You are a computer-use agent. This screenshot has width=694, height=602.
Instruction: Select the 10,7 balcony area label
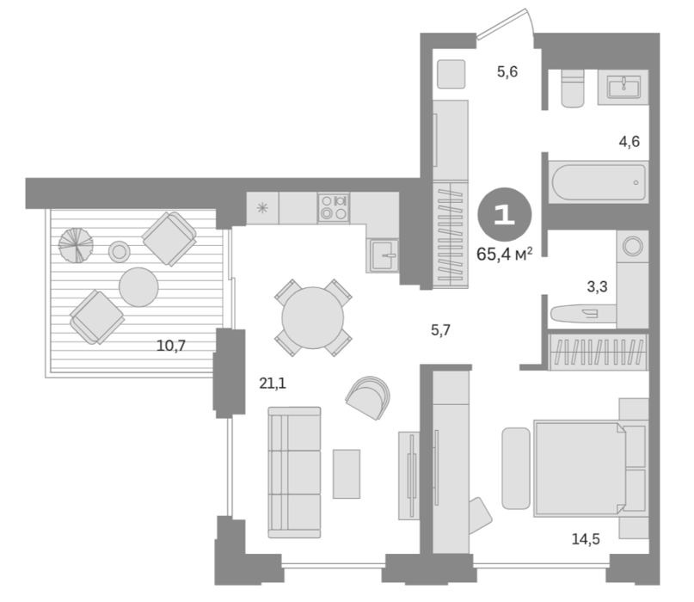tap(171, 346)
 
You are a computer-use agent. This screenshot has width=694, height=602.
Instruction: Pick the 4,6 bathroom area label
tap(630, 141)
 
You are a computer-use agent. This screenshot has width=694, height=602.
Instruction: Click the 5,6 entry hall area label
tap(507, 73)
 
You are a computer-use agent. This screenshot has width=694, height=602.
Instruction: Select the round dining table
tap(313, 317)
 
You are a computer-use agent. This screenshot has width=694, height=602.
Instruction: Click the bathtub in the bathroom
tap(599, 181)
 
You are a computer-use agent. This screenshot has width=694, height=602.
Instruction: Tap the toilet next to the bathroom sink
tap(573, 89)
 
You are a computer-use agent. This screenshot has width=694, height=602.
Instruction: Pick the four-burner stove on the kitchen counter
tap(333, 207)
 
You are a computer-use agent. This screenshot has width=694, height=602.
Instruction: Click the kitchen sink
tap(382, 255)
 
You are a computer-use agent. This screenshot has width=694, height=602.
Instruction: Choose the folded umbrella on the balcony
tap(77, 245)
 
